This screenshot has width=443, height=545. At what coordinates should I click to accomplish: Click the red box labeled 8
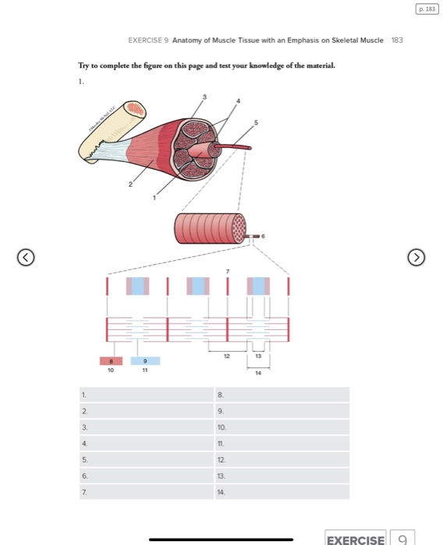pos(111,361)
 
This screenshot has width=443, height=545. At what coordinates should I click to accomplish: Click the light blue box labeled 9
pos(145,361)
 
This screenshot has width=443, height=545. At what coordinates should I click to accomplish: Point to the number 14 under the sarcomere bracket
pos(259,373)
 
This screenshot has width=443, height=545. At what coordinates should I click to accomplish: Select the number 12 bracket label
pos(227,355)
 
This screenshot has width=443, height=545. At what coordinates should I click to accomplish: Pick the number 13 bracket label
pos(258,355)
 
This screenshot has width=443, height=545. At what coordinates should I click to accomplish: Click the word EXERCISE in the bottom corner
pos(355,539)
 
